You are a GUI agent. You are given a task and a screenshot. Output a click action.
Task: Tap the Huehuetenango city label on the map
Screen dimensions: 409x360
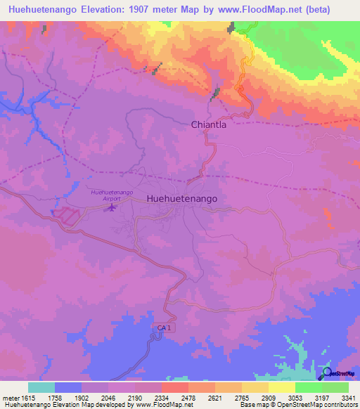coord(182,199)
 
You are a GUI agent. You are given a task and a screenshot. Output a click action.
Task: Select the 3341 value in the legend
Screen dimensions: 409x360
coord(349,397)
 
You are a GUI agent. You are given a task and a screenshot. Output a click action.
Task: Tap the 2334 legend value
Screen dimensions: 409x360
coord(162,397)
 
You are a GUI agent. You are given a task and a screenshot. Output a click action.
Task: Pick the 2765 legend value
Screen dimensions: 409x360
coord(242,397)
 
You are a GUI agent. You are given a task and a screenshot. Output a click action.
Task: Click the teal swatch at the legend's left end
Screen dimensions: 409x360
coord(41,387)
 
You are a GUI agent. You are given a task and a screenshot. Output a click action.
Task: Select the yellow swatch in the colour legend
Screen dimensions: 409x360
coord(281,387)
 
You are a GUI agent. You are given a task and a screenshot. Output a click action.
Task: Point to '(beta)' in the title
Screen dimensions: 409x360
coord(333,8)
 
